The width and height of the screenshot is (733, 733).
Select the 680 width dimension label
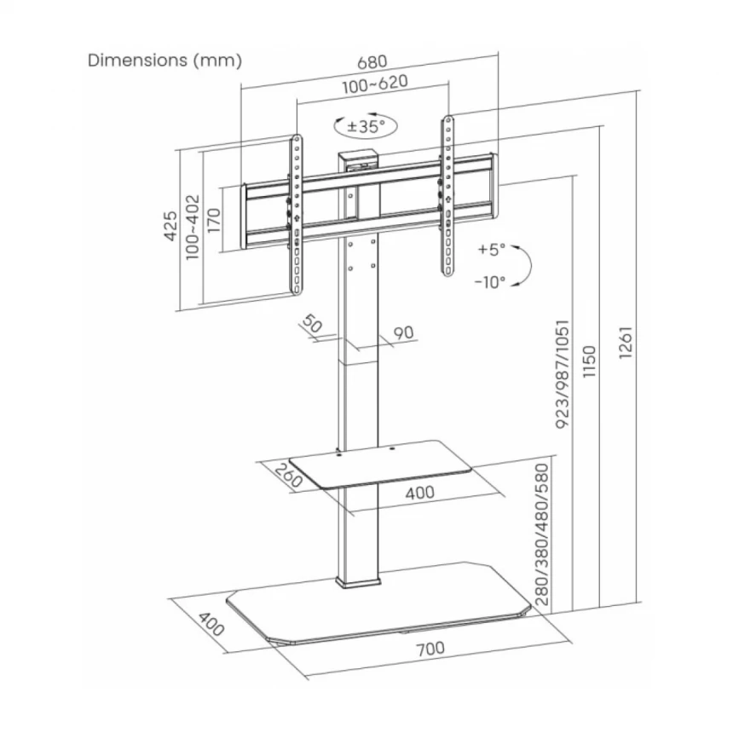click(372, 62)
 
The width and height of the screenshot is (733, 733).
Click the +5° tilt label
click(492, 250)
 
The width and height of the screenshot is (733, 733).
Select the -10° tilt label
click(490, 281)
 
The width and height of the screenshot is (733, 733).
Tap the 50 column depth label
click(312, 325)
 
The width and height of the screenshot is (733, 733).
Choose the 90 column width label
click(404, 332)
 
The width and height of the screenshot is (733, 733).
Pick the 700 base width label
click(431, 649)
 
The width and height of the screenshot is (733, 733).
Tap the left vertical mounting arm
click(296, 215)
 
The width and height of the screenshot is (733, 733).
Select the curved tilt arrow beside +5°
click(524, 264)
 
